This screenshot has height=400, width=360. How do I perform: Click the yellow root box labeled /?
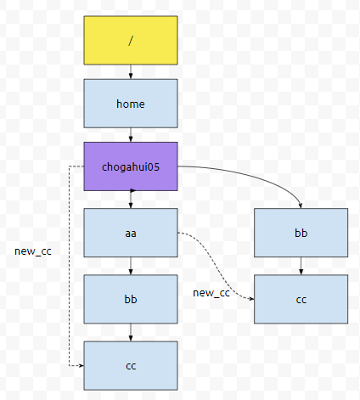click(x=131, y=40)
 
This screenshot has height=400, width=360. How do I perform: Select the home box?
click(x=131, y=104)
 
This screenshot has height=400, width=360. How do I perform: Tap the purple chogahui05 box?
click(x=131, y=166)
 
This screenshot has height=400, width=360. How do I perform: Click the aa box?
click(x=131, y=233)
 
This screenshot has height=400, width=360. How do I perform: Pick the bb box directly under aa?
click(x=131, y=299)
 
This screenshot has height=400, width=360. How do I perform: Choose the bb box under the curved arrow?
click(x=301, y=233)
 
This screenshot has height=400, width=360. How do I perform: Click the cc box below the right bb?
click(x=301, y=299)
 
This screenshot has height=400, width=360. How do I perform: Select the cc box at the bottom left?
click(x=131, y=365)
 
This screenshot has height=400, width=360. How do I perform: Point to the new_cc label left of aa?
click(x=33, y=251)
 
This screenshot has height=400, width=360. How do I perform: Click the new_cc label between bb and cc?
click(x=211, y=293)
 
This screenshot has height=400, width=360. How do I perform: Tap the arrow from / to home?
click(x=131, y=72)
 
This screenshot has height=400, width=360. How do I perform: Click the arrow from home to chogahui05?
click(x=131, y=135)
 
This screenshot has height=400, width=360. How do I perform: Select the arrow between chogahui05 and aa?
click(x=131, y=200)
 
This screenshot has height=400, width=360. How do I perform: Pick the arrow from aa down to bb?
click(x=131, y=266)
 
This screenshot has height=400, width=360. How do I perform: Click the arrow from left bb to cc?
click(x=131, y=332)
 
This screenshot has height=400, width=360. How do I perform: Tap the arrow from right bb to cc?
click(x=301, y=266)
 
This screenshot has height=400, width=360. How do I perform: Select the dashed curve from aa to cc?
click(x=215, y=265)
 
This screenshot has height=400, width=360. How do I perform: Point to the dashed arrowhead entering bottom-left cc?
click(x=82, y=365)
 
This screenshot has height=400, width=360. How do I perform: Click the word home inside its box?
click(x=131, y=104)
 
